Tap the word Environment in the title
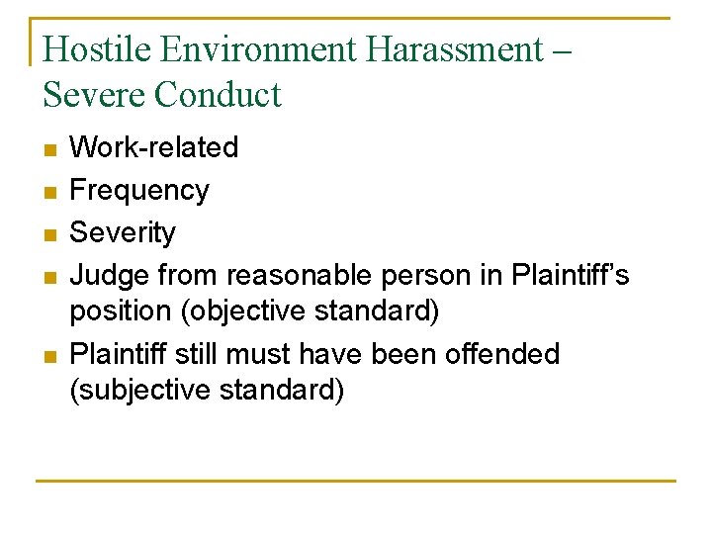point(235,49)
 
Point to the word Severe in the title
point(93,95)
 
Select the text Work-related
point(154,147)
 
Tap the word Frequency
point(139,190)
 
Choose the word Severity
point(123,232)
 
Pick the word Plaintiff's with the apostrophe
point(571,275)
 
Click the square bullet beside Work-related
point(50,149)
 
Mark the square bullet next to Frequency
point(50,192)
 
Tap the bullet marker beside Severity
point(50,234)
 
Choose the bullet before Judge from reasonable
point(50,277)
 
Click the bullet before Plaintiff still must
point(50,355)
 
